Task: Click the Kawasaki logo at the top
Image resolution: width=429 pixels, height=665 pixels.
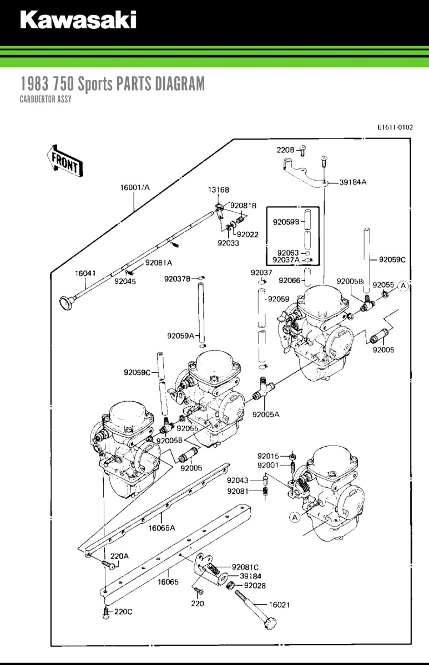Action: (x=78, y=20)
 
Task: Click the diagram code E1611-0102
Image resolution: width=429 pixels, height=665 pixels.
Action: (x=395, y=127)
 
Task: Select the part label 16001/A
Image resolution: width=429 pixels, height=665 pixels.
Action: (x=135, y=187)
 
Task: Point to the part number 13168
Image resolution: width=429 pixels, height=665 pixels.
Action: (x=219, y=190)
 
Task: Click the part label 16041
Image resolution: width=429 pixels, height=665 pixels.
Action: (x=86, y=273)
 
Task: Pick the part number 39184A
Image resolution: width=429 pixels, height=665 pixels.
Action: (x=353, y=182)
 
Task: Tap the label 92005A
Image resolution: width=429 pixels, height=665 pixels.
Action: (x=266, y=414)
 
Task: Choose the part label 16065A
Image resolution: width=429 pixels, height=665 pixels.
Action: (x=161, y=528)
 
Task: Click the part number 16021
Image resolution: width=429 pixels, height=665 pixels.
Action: (x=279, y=605)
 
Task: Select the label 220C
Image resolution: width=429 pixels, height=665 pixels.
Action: (x=123, y=612)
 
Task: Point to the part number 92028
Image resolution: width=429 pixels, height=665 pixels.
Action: (x=255, y=586)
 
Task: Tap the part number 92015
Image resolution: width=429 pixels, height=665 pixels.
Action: (x=268, y=456)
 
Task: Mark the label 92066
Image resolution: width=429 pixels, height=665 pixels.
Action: (x=289, y=280)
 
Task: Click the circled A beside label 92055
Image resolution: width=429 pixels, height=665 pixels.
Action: (x=403, y=286)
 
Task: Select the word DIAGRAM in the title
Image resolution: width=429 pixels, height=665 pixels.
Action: (x=179, y=84)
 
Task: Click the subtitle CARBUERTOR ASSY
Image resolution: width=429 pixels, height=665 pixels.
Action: (x=46, y=100)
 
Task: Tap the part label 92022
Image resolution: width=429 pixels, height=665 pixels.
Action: (x=248, y=234)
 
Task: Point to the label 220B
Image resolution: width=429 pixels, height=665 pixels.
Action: (x=285, y=150)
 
